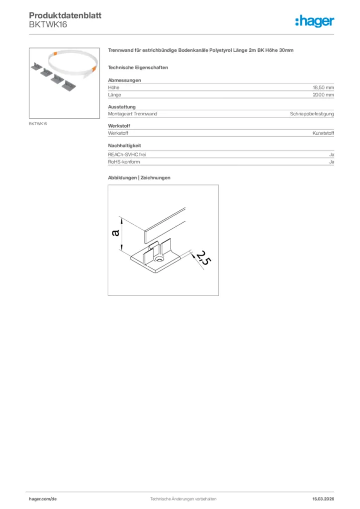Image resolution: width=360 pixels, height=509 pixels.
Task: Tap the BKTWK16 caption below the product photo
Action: (x=38, y=123)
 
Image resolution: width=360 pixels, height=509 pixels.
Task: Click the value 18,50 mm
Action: (x=323, y=87)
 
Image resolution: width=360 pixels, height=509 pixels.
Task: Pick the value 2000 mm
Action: (x=323, y=94)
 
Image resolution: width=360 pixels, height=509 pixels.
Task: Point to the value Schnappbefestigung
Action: (x=312, y=114)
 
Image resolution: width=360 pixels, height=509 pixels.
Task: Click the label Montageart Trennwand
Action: (x=132, y=114)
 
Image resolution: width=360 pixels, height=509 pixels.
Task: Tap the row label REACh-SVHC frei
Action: (x=127, y=155)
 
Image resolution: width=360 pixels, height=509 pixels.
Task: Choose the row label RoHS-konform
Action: (x=124, y=162)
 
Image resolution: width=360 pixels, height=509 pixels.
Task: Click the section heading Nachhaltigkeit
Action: (x=124, y=145)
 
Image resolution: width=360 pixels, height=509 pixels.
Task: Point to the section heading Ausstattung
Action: (x=122, y=106)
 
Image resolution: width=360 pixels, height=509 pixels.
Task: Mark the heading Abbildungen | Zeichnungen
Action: (x=139, y=177)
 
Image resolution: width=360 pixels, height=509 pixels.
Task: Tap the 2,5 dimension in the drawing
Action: (x=201, y=258)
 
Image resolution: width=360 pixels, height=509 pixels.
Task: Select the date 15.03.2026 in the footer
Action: (x=323, y=499)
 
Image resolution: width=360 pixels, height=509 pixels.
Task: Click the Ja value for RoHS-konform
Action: (x=331, y=162)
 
